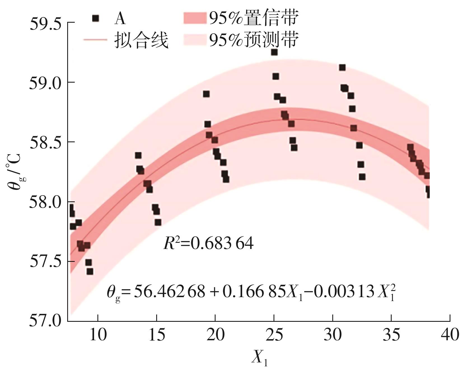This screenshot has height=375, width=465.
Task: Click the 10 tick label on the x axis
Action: pos(98,335)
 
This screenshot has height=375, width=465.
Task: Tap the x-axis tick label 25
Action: pos(274,335)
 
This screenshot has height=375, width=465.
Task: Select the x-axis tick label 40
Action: pos(450,335)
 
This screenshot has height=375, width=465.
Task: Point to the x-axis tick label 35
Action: pos(391,335)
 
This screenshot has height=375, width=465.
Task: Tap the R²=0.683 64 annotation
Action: pos(209,243)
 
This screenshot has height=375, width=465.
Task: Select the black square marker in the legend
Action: pos(96,18)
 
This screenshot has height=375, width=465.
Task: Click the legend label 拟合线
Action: pos(141,40)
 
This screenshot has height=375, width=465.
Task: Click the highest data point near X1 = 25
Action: pos(274,52)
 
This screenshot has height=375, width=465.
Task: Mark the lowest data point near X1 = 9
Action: pos(90,271)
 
